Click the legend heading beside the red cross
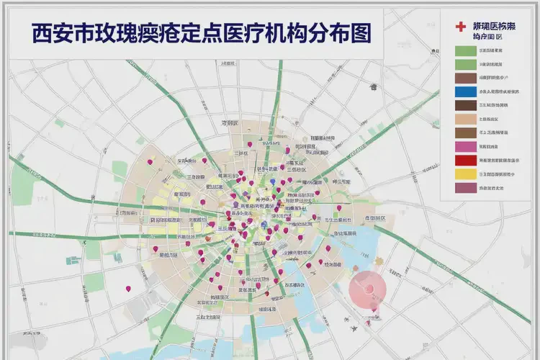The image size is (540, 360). (493, 27)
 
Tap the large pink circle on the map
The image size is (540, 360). (368, 289)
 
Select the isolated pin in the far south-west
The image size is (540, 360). (129, 289)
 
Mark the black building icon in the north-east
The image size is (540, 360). (373, 87)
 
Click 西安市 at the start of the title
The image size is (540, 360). (53, 33)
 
